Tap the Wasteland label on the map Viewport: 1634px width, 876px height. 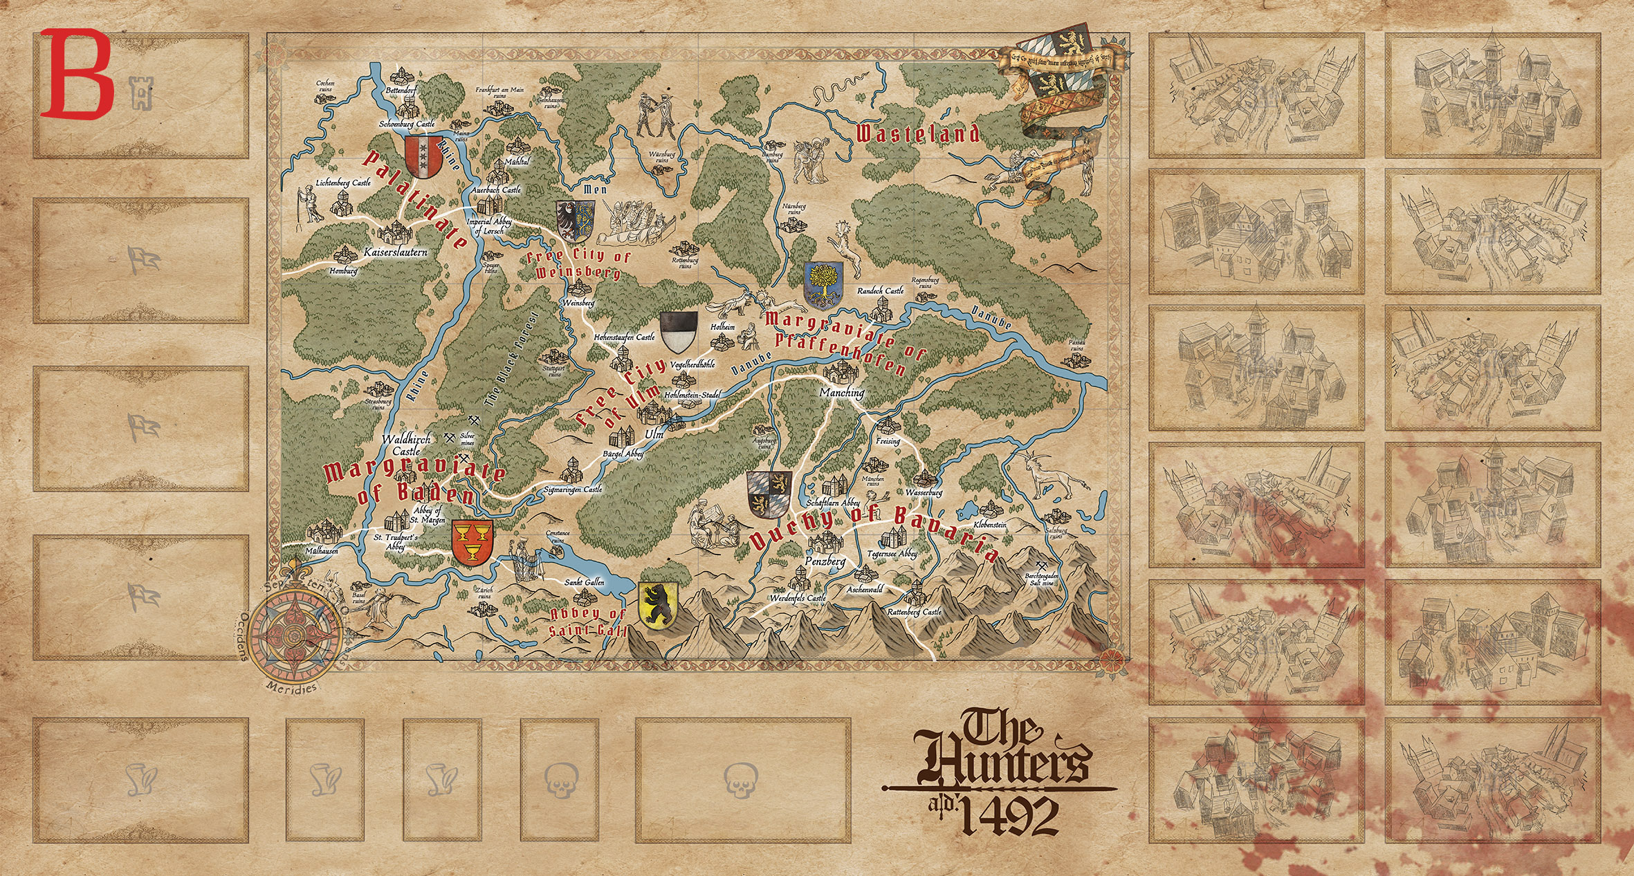(917, 133)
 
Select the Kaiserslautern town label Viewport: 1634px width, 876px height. (396, 252)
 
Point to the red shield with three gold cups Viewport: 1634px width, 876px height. (472, 543)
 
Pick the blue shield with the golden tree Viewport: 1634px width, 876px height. (823, 286)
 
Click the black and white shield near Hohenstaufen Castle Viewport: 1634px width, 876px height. (679, 333)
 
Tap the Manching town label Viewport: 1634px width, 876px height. (842, 392)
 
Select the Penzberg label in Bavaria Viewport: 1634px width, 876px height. (825, 561)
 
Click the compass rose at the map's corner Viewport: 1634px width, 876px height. (295, 632)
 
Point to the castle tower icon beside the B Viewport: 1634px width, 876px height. (142, 93)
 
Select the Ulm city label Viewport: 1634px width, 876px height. (654, 434)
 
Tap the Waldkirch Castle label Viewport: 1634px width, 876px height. (406, 445)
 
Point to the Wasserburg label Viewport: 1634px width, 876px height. (924, 493)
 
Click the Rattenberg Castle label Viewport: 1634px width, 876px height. (914, 612)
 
